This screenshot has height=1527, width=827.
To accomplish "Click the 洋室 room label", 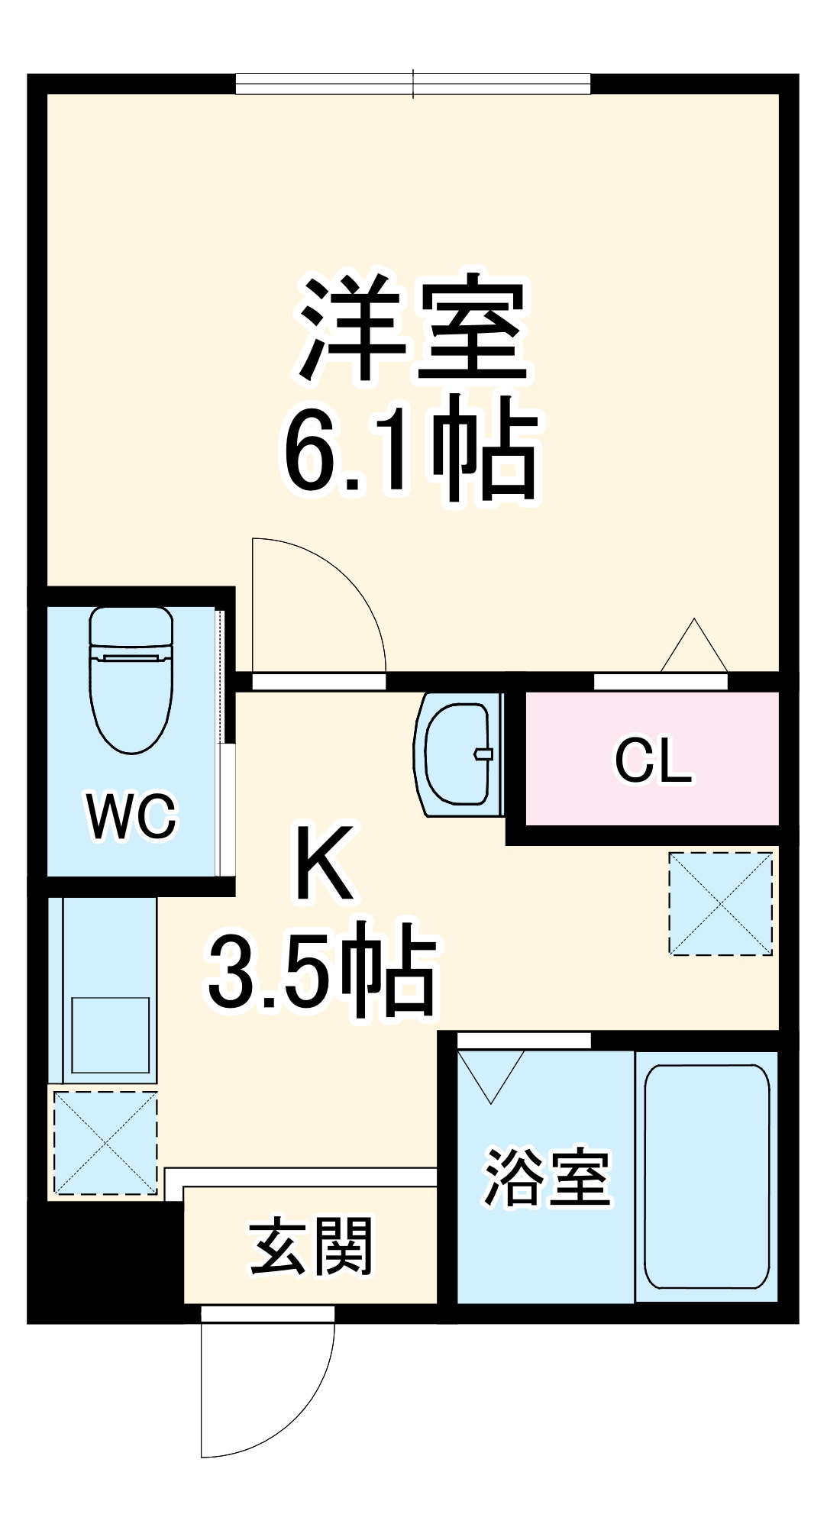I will point(413,330).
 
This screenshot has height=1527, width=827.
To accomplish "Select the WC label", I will point(131,816).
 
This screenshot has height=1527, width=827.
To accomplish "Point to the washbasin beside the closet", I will point(457,754).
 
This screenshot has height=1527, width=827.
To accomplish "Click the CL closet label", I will point(653,760).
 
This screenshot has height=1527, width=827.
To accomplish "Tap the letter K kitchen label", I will point(325,863).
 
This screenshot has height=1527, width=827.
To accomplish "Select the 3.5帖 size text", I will point(321,970).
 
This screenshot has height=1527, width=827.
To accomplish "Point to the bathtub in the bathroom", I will point(706,1176).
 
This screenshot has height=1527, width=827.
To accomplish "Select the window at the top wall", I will point(412,83).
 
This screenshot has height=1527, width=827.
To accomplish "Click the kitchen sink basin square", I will point(111,1035).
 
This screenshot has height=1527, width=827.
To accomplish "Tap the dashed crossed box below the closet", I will point(721,903).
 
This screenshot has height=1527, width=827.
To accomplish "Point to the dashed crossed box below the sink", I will point(105,1142).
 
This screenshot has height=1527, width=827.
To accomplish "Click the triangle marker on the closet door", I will point(693,647).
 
